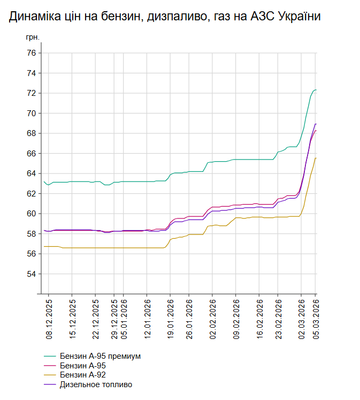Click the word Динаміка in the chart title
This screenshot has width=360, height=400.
(x=33, y=17)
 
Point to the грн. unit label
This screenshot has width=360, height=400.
(x=33, y=39)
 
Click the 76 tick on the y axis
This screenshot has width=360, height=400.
(x=31, y=53)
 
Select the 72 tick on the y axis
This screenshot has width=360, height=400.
(x=31, y=93)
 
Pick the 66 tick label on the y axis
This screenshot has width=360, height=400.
(x=31, y=153)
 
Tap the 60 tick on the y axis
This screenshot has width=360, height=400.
(x=31, y=214)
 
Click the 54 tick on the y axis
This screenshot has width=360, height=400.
(x=31, y=274)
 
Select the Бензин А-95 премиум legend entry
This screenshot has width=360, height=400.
(x=100, y=356)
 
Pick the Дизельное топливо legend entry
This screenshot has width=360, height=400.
(x=96, y=384)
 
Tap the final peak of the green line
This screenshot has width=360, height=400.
(x=316, y=89)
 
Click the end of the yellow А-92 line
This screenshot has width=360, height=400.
(x=316, y=158)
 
